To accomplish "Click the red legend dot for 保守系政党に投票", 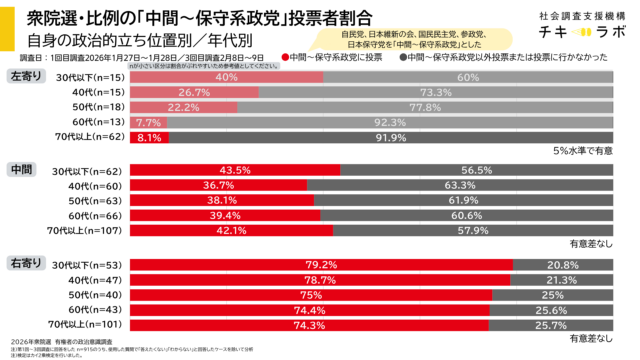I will click(286, 59).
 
